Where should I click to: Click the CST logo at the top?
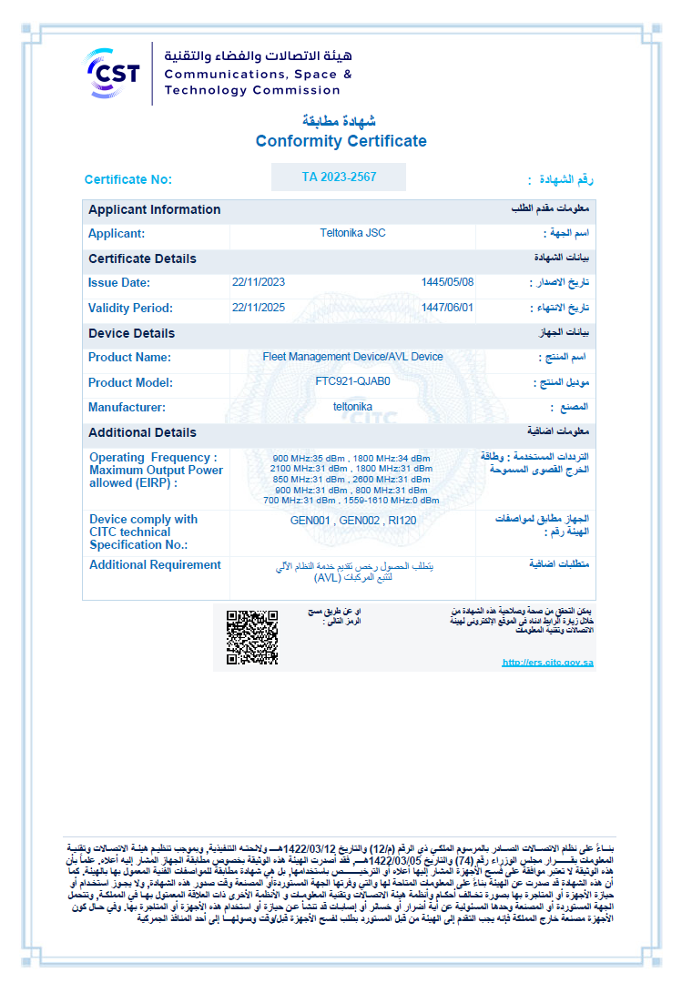[x=113, y=72]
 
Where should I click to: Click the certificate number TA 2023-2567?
[x=339, y=177]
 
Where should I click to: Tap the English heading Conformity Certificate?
[x=341, y=141]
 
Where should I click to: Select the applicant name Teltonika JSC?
[x=352, y=233]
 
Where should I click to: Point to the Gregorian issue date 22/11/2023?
[x=259, y=282]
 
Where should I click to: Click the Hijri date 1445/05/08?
[x=447, y=282]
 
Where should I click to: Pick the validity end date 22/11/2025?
[x=259, y=308]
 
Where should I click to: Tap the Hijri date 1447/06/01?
[x=447, y=308]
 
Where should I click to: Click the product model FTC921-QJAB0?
[x=352, y=381]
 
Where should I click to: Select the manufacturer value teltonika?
[x=352, y=407]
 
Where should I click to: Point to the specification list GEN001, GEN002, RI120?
[x=353, y=521]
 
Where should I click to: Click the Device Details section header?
[x=131, y=333]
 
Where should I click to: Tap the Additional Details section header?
[x=142, y=432]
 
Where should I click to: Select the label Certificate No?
[x=127, y=179]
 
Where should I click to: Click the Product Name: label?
[x=129, y=358]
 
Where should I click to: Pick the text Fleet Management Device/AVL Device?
[x=352, y=357]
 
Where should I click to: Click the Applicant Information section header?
[x=154, y=209]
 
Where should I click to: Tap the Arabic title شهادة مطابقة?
[x=339, y=121]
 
